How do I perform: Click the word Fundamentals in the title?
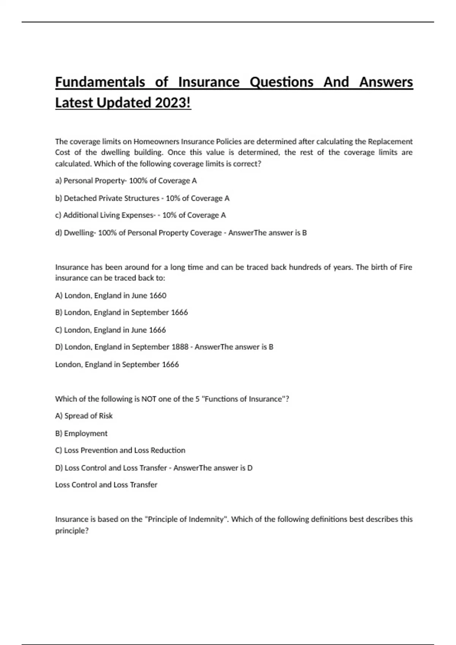pos(100,82)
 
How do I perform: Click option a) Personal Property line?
pos(126,181)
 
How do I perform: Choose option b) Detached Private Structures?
pos(142,198)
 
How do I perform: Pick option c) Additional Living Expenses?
pos(140,215)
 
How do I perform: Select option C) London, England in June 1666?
pos(110,330)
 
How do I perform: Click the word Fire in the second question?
pos(405,267)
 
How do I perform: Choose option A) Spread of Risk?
pos(84,416)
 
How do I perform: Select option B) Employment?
pos(81,433)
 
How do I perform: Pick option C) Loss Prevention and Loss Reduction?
pos(120,450)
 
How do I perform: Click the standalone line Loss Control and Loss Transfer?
pos(106,485)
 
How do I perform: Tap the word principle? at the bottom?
pos(72,530)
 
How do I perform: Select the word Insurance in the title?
pos(209,82)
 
